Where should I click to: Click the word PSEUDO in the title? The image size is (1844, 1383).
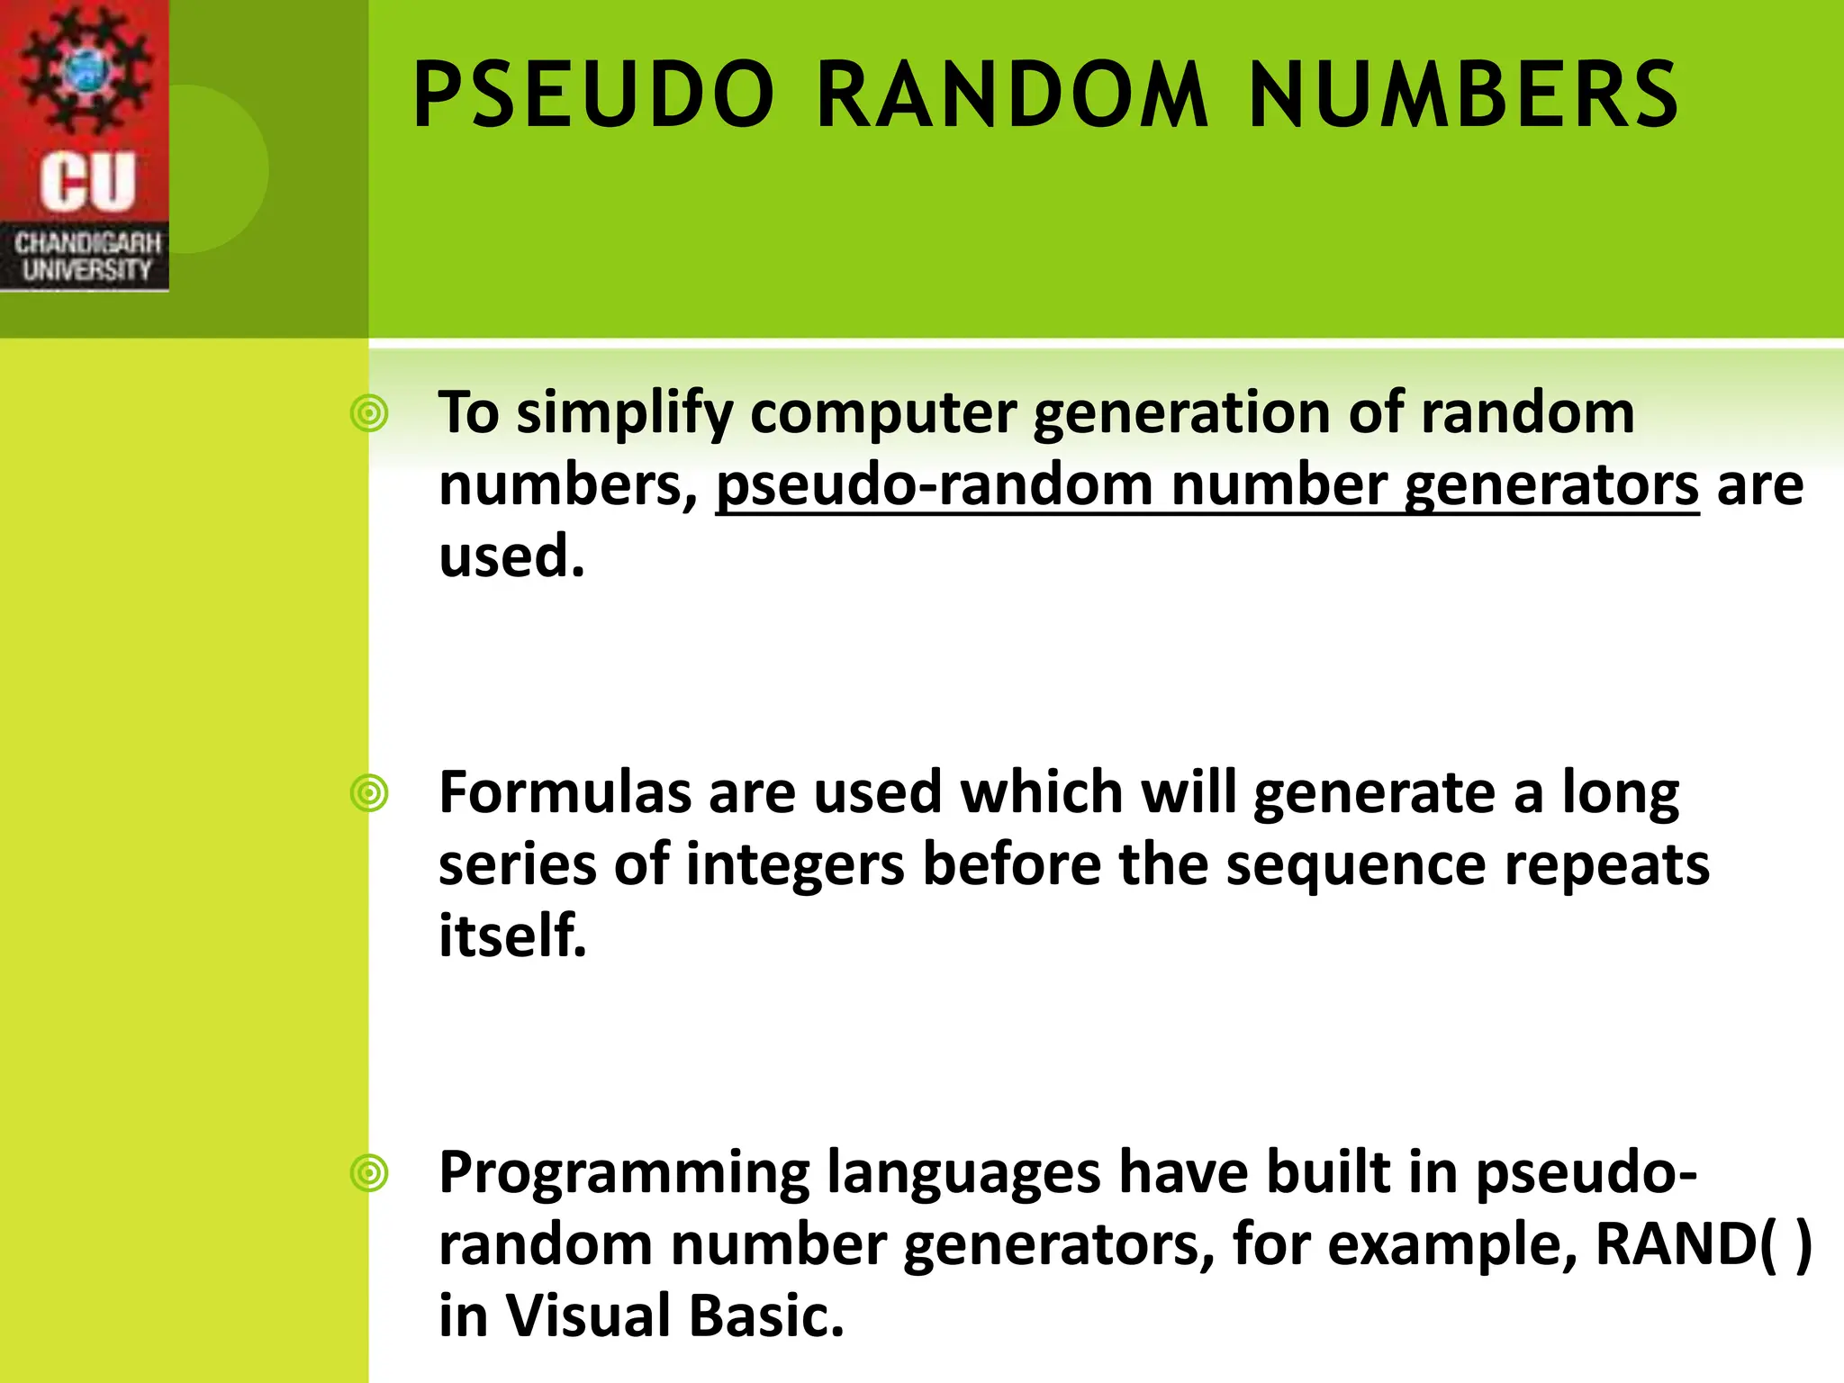pos(593,95)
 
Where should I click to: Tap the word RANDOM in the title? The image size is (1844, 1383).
pos(1011,95)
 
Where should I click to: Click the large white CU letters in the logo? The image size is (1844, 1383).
pos(87,182)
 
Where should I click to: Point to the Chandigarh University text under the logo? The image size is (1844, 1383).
pos(86,257)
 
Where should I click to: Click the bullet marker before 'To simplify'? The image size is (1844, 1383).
pos(369,414)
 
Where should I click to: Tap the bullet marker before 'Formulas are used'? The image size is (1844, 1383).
pos(369,794)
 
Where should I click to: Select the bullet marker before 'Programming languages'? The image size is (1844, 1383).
pos(369,1174)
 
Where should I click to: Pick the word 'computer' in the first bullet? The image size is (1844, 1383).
pos(882,414)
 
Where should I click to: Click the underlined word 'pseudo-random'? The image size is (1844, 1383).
pos(934,486)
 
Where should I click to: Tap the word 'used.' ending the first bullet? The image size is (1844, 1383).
pos(511,556)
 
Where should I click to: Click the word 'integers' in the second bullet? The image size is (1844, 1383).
pos(794,865)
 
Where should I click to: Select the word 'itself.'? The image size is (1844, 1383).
pos(512,936)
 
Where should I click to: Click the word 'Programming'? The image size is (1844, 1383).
pos(623,1174)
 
